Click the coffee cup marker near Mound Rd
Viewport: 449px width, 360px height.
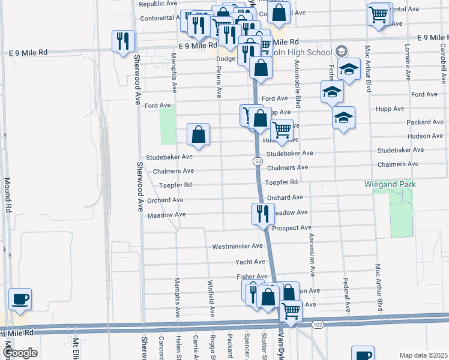tap(20, 299)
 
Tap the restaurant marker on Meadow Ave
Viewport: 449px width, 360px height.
tap(262, 214)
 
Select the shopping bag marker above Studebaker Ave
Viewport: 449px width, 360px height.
tap(198, 135)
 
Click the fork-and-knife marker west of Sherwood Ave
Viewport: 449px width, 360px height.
tap(123, 41)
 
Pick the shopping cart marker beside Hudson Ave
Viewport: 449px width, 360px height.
tap(282, 130)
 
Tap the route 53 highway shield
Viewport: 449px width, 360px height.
tap(257, 162)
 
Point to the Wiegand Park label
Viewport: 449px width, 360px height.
tap(390, 184)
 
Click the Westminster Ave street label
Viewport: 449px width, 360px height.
tap(238, 247)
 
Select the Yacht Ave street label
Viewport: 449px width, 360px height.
tap(250, 262)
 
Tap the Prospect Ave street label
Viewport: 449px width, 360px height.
tap(292, 228)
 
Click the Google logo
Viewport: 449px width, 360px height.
tap(20, 353)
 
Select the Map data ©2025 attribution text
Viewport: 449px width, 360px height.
tap(423, 355)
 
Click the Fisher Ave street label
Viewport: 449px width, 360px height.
tap(252, 277)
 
